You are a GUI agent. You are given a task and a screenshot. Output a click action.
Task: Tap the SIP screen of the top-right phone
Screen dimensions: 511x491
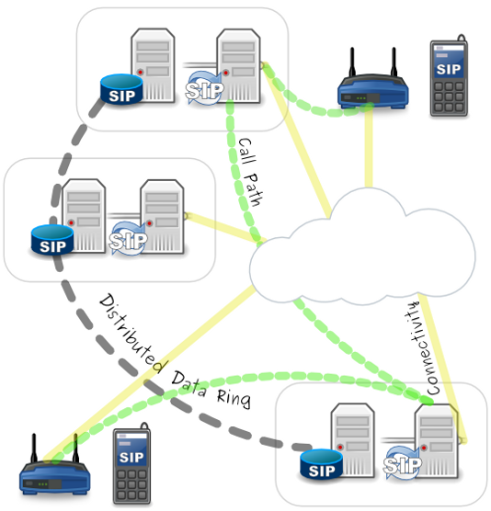(448, 68)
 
